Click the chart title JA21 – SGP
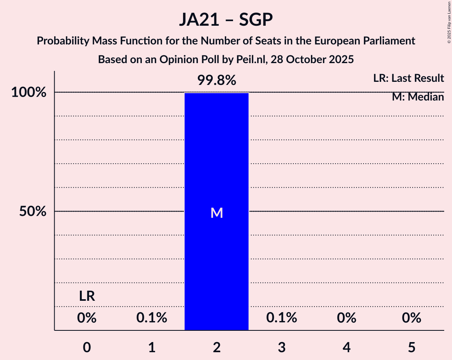point(226,19)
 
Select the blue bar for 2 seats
point(216,253)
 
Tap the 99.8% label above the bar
point(216,80)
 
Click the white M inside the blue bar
point(216,213)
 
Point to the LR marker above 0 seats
point(87,296)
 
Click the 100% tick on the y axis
point(29,93)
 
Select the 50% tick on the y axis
point(33,212)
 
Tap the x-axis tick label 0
point(87,347)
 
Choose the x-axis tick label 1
point(152,347)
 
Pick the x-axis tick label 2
point(216,347)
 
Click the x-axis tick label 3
point(281,347)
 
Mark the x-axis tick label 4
point(346,347)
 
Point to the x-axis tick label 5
point(411,347)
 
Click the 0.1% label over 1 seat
point(152,318)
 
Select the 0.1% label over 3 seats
point(281,318)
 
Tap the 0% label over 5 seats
point(411,318)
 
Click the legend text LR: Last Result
point(408,78)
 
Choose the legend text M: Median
point(418,97)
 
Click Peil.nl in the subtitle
point(255,60)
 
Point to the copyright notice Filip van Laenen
point(449,22)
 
